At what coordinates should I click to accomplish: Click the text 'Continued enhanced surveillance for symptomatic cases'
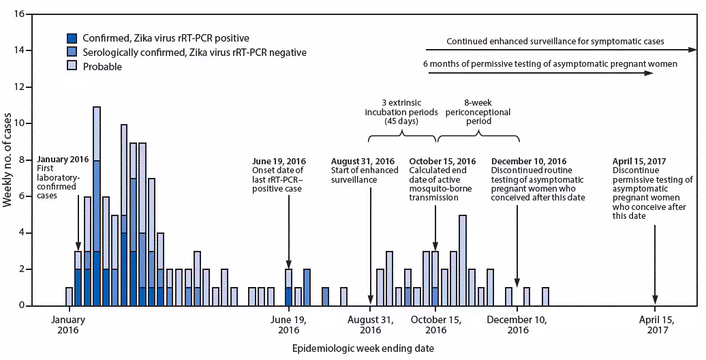coord(555,42)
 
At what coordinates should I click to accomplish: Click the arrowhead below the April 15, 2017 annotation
coord(655,301)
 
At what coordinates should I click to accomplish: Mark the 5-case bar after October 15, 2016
coord(463,260)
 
